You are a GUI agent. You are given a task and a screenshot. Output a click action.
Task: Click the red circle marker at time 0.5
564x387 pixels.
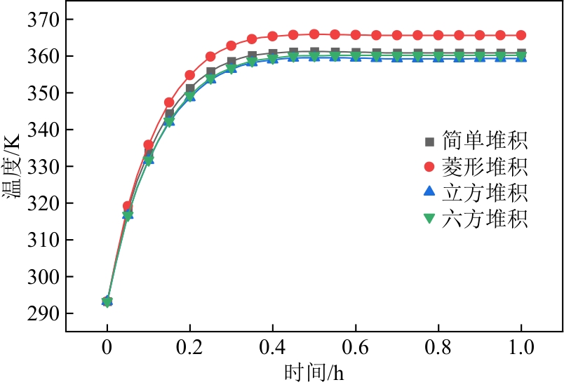tap(314, 34)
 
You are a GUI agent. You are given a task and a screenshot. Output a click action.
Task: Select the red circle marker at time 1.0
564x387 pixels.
tap(521, 35)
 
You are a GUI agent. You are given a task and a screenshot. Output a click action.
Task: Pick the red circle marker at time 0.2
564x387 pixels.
tap(190, 75)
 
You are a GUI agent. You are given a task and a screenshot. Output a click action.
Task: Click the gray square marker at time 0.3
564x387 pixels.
tap(231, 62)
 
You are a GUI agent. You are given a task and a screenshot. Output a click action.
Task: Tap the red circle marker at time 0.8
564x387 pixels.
tap(438, 35)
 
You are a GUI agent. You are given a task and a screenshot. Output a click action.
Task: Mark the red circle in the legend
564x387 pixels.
tap(430, 167)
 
